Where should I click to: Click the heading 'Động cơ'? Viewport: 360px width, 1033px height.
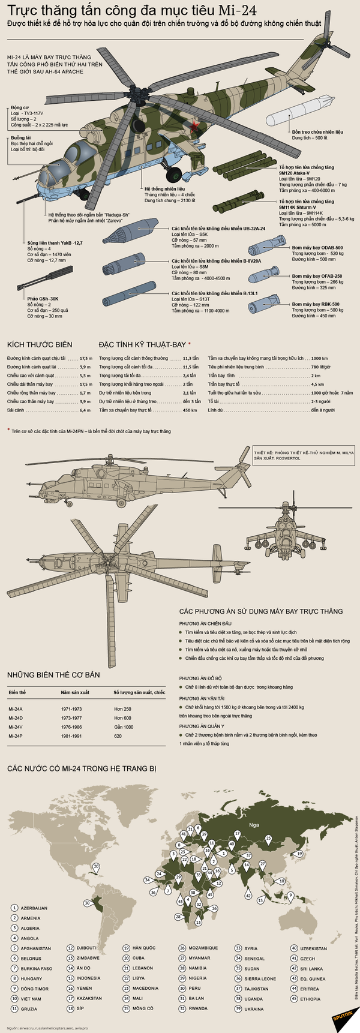click(19, 108)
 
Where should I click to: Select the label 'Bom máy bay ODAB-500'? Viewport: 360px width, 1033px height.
click(317, 248)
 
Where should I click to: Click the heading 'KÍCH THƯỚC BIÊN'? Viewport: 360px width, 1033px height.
click(40, 344)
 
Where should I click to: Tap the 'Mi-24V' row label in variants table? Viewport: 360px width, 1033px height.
click(16, 726)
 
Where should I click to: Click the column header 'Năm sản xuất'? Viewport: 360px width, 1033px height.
click(75, 692)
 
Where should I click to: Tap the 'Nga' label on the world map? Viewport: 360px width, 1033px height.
click(255, 824)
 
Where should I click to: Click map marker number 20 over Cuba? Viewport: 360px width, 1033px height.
click(95, 866)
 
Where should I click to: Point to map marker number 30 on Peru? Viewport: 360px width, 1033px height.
click(88, 902)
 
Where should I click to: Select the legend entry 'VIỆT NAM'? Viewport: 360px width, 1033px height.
click(31, 999)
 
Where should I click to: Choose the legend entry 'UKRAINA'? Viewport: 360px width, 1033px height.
click(254, 1008)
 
